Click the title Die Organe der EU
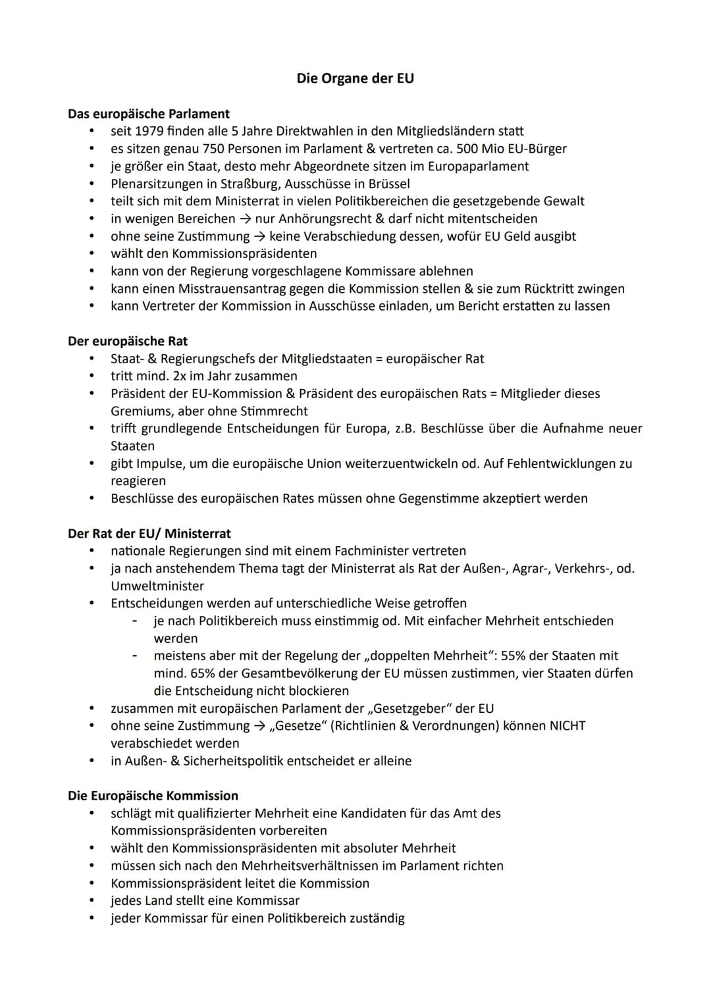(355, 78)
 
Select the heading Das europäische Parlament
(149, 114)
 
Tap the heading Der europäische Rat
(128, 341)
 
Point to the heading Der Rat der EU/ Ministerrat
(149, 533)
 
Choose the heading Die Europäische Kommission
(153, 795)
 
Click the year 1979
(149, 131)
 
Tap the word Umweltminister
(157, 586)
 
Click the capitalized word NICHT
(567, 725)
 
